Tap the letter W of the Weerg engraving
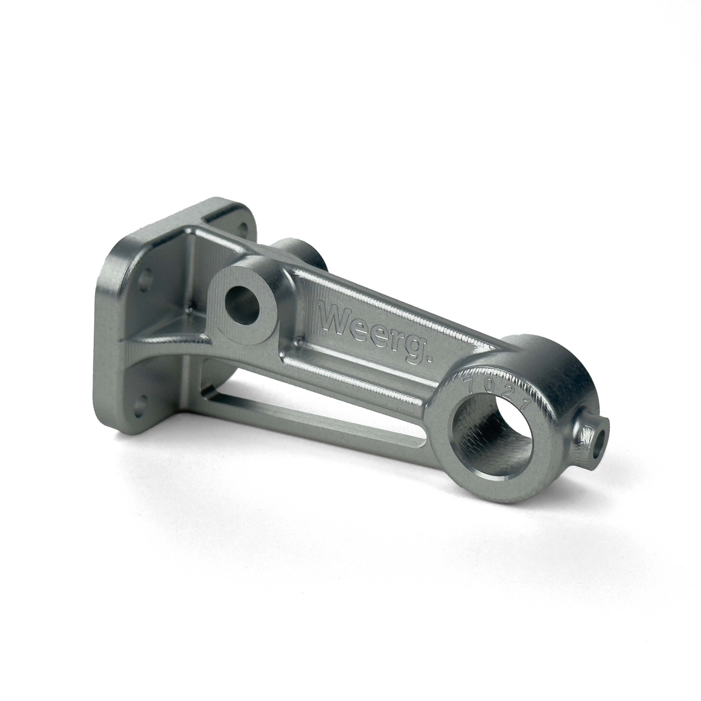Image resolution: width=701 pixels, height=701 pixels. point(334,316)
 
